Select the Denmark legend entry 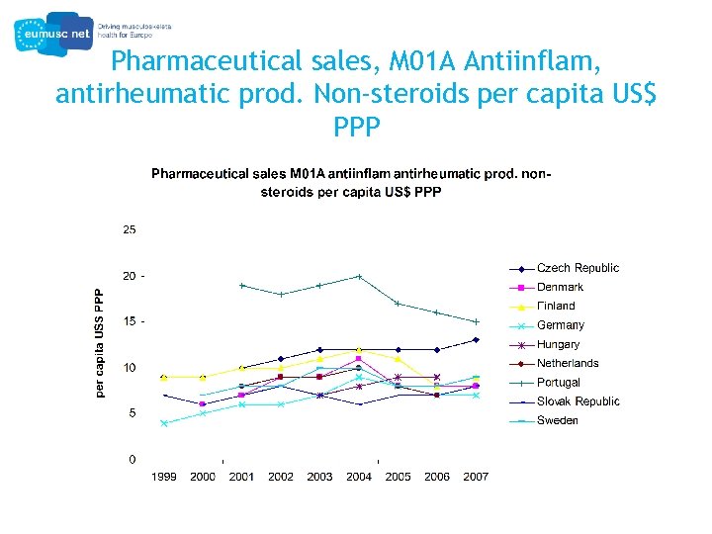click(560, 288)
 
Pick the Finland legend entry click(556, 307)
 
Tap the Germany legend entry click(560, 325)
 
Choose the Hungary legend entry click(558, 345)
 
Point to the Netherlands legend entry click(568, 364)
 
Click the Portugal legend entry click(559, 383)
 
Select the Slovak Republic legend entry click(578, 401)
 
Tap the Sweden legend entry click(558, 421)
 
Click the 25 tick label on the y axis click(130, 229)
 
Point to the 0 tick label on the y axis click(133, 460)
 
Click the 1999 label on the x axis click(164, 477)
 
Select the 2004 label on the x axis click(359, 477)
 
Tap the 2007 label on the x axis click(476, 477)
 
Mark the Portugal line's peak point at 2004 click(359, 276)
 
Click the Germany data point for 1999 click(164, 423)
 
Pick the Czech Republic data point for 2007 click(476, 340)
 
